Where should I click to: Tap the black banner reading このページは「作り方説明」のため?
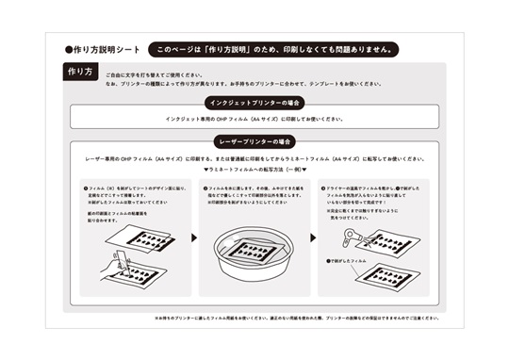coord(273,49)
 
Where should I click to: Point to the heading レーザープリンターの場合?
coord(254,140)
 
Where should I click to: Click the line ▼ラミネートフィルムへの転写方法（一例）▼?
coord(254,170)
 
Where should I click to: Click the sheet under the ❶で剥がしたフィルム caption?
coord(382,276)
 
